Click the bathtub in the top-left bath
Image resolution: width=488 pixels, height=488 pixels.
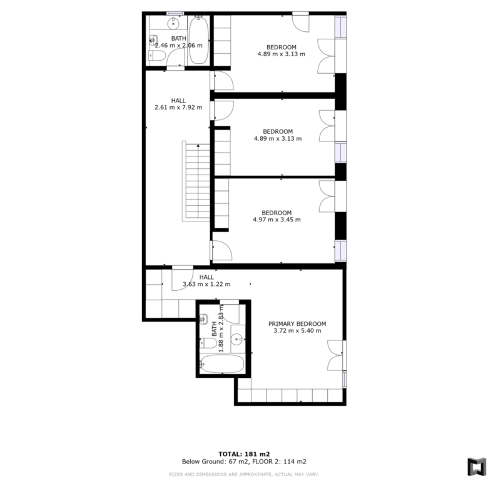pyautogui.click(x=199, y=40)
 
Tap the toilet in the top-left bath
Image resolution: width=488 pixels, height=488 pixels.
pyautogui.click(x=157, y=56)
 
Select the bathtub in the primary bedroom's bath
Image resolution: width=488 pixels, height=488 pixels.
pyautogui.click(x=222, y=364)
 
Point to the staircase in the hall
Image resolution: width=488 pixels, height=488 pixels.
pyautogui.click(x=196, y=181)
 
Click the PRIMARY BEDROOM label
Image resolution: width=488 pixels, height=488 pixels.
pyautogui.click(x=297, y=323)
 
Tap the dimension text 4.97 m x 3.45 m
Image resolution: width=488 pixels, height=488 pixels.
pyautogui.click(x=277, y=220)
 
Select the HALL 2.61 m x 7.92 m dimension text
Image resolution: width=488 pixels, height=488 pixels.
pyautogui.click(x=178, y=108)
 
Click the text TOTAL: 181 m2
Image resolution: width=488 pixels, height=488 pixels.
pyautogui.click(x=244, y=454)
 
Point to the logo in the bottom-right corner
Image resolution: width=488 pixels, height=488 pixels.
pyautogui.click(x=477, y=467)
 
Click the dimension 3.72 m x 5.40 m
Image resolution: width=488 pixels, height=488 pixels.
pyautogui.click(x=297, y=330)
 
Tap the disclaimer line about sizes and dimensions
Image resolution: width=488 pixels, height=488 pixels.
pyautogui.click(x=244, y=475)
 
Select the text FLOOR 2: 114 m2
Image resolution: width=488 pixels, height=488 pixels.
pyautogui.click(x=279, y=462)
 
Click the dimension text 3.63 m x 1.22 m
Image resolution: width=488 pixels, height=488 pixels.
pyautogui.click(x=206, y=284)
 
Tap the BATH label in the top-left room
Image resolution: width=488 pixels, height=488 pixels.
pyautogui.click(x=179, y=38)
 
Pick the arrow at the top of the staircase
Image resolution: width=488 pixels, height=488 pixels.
pyautogui.click(x=198, y=146)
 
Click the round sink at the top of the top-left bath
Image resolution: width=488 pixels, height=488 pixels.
pyautogui.click(x=173, y=23)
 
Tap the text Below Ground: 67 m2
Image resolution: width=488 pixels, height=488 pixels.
pyautogui.click(x=215, y=462)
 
